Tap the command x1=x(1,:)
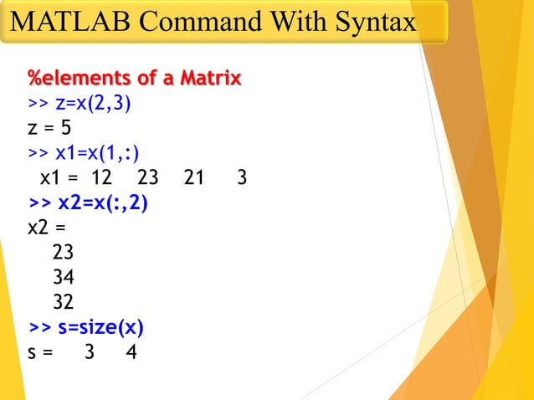point(97,154)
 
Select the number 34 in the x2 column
point(64,277)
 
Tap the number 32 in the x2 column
point(64,301)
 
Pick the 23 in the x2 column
point(64,252)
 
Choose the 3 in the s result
point(90,351)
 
